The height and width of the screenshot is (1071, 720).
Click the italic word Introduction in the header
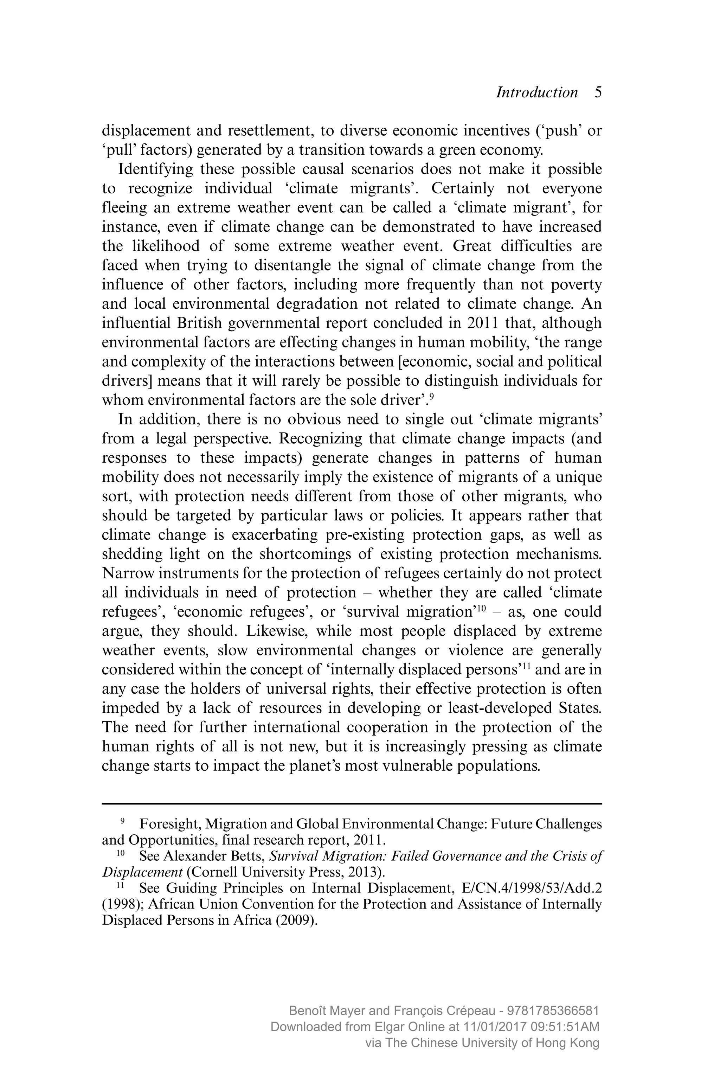(536, 92)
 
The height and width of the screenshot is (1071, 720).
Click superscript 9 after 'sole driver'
(432, 396)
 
